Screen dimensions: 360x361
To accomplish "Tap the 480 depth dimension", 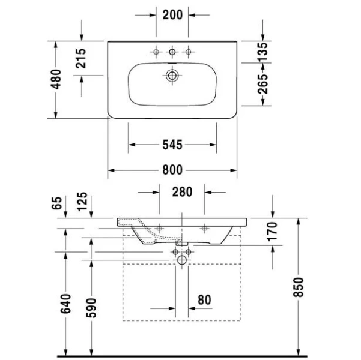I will click(55, 79).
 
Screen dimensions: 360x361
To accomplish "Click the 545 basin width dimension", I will click(172, 145).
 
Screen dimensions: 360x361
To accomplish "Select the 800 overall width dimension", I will click(172, 170).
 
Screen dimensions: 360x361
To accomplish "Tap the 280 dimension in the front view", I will click(182, 193).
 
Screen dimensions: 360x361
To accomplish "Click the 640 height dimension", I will click(65, 304).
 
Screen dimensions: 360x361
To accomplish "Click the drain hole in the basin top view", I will click(172, 76).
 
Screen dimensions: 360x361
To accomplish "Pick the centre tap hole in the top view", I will click(172, 53).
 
